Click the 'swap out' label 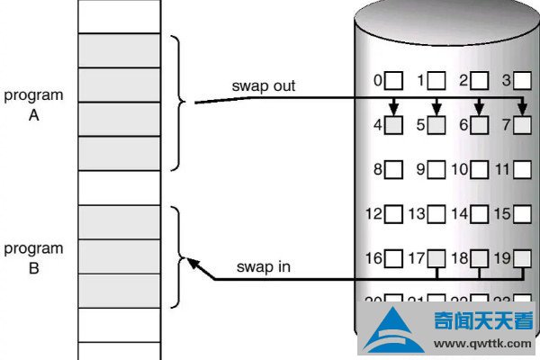(x=264, y=86)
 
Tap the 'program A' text (x=33, y=103)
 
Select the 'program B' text (x=33, y=257)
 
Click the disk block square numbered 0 (x=393, y=81)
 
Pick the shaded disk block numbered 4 (x=393, y=124)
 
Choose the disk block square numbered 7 (x=522, y=124)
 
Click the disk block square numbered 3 (x=522, y=81)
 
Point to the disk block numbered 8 (x=393, y=168)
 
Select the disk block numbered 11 (x=522, y=168)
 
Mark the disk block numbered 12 (x=393, y=215)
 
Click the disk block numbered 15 (x=522, y=215)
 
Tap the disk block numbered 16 (x=393, y=259)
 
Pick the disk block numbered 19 (x=522, y=259)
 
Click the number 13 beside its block (x=415, y=215)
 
